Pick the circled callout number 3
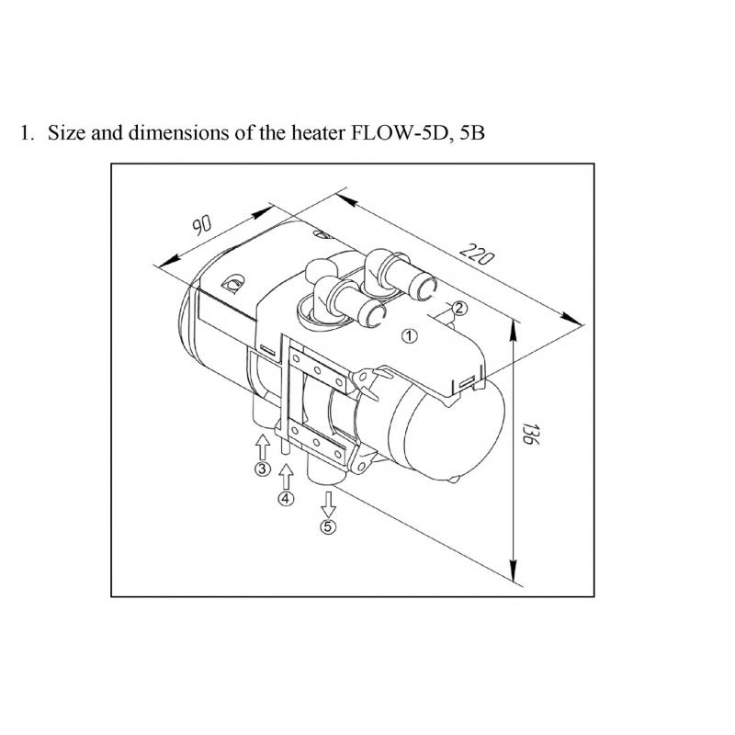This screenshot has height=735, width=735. [262, 469]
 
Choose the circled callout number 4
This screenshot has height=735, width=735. [286, 499]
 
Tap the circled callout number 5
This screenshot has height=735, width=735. [329, 526]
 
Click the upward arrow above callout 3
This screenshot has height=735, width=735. [262, 446]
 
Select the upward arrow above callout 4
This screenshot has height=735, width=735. [286, 476]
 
